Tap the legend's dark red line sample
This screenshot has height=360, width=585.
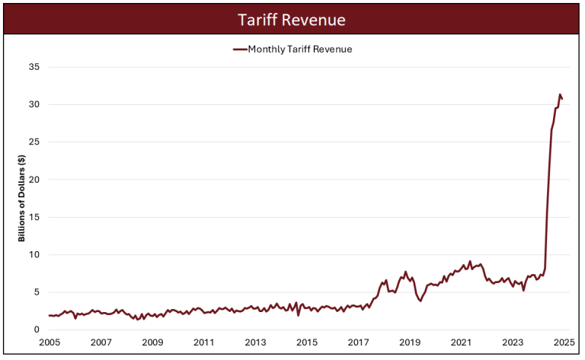239,49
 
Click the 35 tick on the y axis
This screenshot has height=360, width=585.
34,67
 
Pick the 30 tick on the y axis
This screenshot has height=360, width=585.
34,104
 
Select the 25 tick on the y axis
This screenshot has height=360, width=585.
34,142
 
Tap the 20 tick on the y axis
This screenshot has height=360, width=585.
34,180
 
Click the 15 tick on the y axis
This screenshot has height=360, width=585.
34,217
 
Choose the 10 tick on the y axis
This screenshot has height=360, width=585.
34,255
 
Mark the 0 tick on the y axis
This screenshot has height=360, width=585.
37,330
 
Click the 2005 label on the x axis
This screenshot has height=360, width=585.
50,342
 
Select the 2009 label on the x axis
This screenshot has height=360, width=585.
152,342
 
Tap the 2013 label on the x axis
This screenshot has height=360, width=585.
255,342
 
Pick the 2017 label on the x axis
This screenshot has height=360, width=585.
358,342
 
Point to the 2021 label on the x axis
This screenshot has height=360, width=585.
461,342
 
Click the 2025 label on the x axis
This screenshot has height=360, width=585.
563,342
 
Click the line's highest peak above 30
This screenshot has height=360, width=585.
560,94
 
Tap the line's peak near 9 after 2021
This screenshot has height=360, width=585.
470,261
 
